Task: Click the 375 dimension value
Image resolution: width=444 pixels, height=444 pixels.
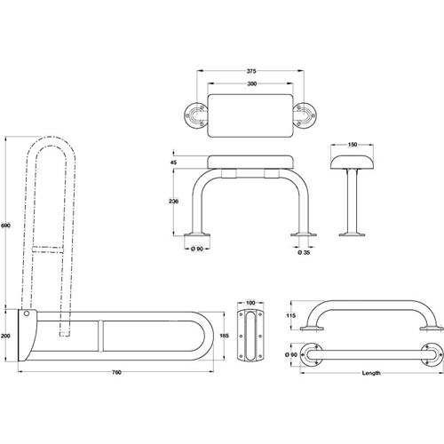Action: click(x=251, y=71)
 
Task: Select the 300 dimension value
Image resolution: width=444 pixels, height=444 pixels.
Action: click(x=251, y=83)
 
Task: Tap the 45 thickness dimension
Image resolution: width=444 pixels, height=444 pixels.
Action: click(x=174, y=163)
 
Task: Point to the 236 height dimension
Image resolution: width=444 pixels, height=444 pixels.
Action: click(x=173, y=202)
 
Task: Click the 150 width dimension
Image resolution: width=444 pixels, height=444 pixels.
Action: click(x=353, y=145)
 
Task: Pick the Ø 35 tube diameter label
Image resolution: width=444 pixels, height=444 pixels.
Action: click(x=305, y=252)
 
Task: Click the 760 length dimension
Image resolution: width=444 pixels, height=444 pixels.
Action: click(x=116, y=372)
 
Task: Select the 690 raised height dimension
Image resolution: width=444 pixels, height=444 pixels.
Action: click(x=6, y=226)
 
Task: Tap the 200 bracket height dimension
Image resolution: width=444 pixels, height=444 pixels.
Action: click(x=5, y=336)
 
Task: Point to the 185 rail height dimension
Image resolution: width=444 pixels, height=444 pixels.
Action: click(x=225, y=336)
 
